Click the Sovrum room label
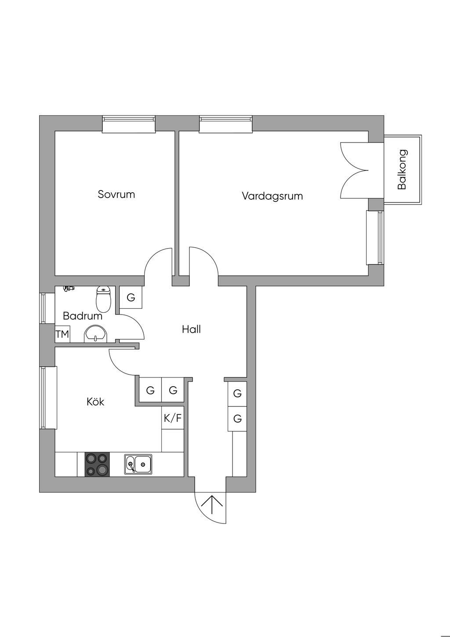click(116, 194)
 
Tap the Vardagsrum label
click(272, 196)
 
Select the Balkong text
click(402, 169)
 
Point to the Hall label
click(191, 329)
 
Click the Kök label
click(95, 402)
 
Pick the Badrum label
click(82, 316)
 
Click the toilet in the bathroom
click(103, 299)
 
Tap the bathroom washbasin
click(96, 334)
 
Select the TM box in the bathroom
click(62, 334)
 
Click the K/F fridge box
click(172, 418)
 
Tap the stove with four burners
click(97, 464)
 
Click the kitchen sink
click(138, 464)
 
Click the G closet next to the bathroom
click(131, 297)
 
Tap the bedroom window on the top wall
click(129, 124)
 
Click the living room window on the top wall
click(226, 124)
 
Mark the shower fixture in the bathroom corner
click(68, 289)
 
